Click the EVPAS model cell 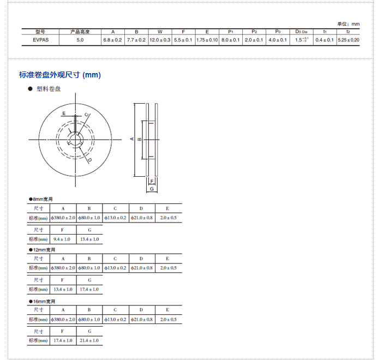point(41,40)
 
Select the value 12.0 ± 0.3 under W point(160,40)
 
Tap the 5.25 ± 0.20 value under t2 point(349,40)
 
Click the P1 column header point(231,32)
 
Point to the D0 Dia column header point(301,32)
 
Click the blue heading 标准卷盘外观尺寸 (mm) point(60,75)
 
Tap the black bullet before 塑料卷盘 point(30,89)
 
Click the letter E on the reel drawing point(64,113)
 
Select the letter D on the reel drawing point(89,160)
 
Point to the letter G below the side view point(152,189)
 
